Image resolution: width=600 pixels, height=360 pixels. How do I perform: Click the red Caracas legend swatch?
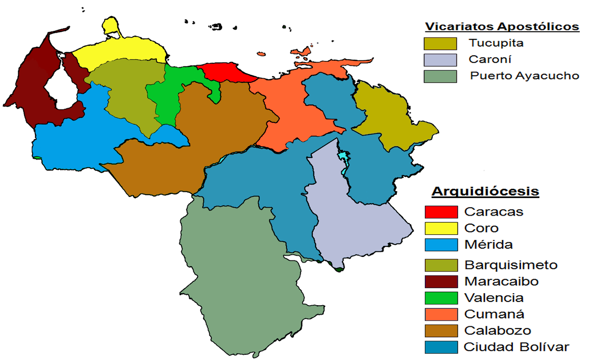click(441, 212)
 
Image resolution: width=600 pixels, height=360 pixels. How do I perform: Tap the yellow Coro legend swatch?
click(441, 228)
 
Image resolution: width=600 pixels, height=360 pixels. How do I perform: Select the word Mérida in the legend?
click(488, 245)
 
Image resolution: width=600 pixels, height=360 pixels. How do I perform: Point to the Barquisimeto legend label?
click(511, 265)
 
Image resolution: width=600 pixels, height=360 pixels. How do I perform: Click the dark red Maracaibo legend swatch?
click(441, 282)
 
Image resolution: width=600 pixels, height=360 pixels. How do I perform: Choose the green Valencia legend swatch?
click(441, 298)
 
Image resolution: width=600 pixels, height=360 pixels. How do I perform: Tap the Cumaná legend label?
click(494, 314)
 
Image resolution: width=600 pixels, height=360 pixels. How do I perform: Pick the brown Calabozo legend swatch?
click(441, 331)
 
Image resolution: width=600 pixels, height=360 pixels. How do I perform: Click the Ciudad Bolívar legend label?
click(516, 347)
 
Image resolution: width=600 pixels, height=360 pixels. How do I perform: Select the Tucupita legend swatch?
click(440, 43)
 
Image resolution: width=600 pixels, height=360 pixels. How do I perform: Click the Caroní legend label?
click(490, 59)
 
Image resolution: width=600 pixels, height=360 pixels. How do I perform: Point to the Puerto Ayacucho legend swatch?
click(440, 76)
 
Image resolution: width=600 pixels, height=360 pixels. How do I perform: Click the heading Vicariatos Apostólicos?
click(502, 27)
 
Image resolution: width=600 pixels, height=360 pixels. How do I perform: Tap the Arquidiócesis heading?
click(485, 191)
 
